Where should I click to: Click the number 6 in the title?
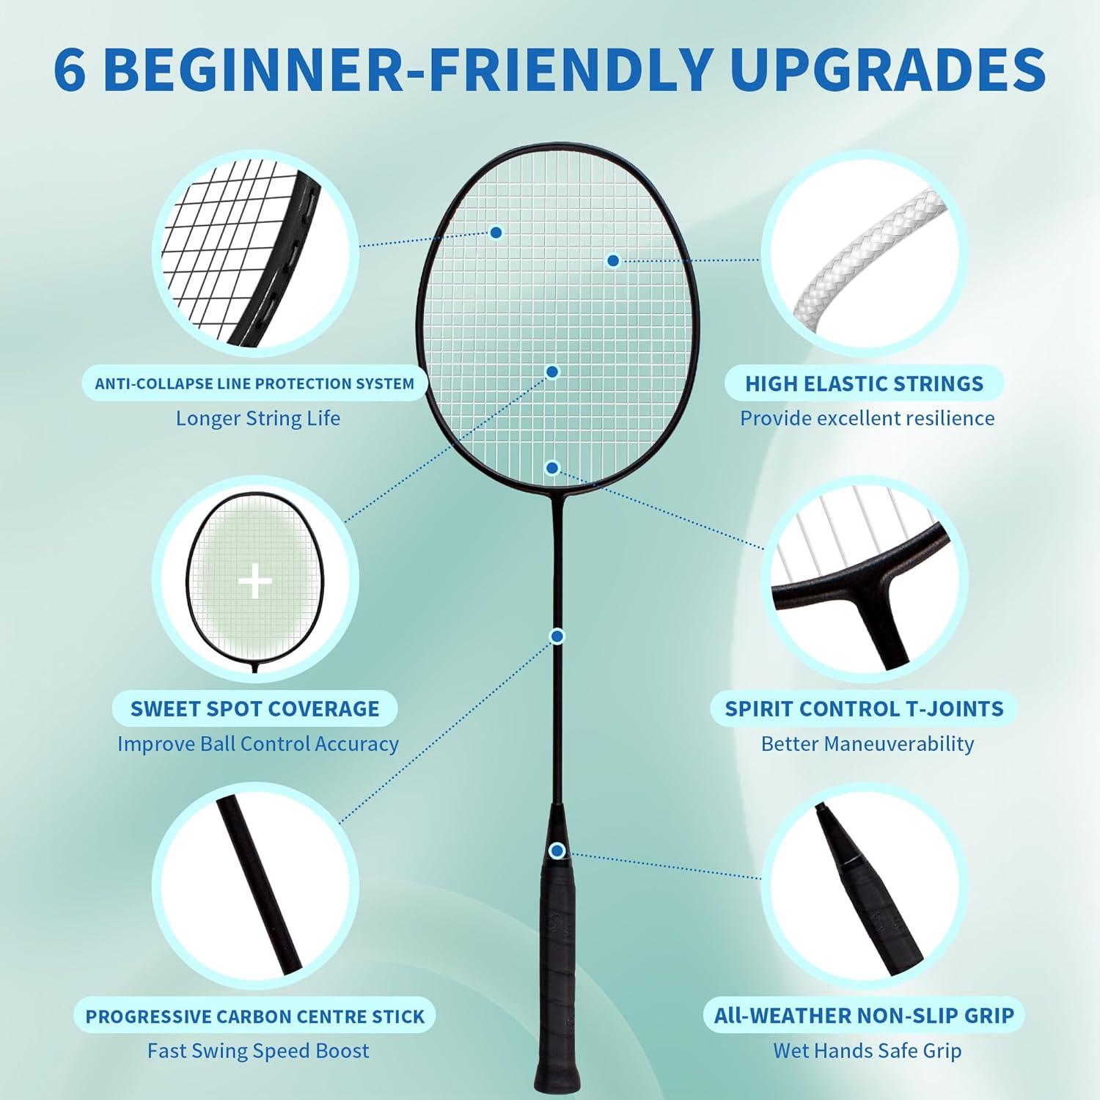point(70,69)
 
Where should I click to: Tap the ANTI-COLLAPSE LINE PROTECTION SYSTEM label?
point(254,384)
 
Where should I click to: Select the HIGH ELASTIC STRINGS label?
point(865,384)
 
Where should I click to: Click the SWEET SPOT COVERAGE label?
point(254,708)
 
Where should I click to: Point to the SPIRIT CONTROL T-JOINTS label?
point(864,708)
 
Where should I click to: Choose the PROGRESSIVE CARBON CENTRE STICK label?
point(254,1016)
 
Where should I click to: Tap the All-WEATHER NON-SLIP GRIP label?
point(865,1016)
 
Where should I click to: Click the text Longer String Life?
point(257,419)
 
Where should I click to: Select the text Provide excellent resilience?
point(867,419)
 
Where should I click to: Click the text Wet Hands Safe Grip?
point(867,1051)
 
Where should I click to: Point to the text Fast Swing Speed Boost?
point(258,1051)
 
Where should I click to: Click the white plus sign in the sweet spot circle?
point(255,582)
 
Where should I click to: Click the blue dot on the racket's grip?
point(557,851)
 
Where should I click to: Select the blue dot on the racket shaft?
point(557,636)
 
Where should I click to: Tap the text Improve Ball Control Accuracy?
point(258,744)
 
